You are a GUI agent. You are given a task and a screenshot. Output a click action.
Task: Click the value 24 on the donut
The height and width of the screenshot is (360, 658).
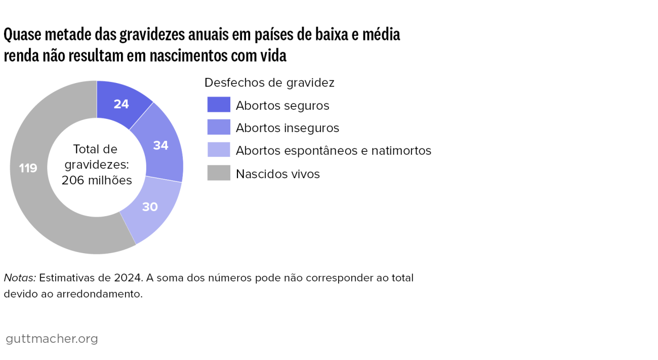tap(121, 104)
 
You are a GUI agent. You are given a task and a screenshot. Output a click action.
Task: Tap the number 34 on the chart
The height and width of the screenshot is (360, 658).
tap(160, 145)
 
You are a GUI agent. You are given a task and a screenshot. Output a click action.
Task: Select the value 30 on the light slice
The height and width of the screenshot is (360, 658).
tap(149, 207)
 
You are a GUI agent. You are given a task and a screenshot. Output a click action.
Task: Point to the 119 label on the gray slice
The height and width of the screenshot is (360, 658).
tap(28, 168)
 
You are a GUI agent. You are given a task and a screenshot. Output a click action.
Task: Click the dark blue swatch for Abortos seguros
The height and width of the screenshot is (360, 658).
tap(219, 105)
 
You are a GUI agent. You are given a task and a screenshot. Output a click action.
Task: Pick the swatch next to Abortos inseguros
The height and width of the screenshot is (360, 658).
tap(219, 128)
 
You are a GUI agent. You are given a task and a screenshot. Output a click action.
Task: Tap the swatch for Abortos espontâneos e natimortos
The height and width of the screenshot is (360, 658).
tap(219, 150)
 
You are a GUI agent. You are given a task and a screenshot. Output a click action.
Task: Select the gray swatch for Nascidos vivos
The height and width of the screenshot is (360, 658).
tap(219, 173)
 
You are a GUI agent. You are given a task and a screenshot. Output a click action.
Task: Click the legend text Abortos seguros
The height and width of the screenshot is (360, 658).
tap(282, 105)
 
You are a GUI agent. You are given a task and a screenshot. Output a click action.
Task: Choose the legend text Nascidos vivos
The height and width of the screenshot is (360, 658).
tap(278, 174)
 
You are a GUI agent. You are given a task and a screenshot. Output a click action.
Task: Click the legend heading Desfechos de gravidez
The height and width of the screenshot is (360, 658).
tap(269, 83)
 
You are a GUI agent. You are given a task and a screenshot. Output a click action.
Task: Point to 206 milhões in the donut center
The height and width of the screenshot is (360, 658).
tap(97, 181)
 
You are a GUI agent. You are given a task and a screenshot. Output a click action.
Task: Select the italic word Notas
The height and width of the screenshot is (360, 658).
tap(20, 278)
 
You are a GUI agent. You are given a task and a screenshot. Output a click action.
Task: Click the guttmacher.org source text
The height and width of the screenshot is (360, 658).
tap(52, 339)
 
